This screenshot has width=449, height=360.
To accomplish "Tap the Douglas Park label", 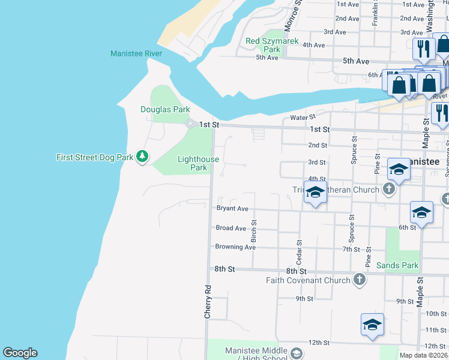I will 165,109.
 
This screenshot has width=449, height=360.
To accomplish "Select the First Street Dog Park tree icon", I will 142,157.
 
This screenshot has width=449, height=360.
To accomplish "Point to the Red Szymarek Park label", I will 272,45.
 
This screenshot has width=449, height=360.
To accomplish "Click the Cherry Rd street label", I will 208,301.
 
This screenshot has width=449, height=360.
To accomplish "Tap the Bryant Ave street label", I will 232,209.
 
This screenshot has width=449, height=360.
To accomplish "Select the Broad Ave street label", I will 231,228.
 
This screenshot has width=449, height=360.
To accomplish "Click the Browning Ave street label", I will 235,247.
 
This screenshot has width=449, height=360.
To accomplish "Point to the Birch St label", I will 254,230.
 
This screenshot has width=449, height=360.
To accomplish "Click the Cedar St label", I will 298,253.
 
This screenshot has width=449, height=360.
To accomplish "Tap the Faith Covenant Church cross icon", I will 359,280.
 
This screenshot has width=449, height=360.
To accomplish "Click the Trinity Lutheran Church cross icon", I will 389,190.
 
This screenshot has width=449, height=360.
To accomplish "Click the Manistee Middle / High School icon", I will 296,353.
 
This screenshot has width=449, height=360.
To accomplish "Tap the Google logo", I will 20,353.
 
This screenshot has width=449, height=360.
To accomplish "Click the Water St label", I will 303,118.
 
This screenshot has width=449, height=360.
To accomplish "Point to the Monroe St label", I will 292,16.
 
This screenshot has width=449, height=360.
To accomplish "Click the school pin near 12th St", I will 372,325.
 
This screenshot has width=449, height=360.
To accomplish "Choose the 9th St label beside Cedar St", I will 304,298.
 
